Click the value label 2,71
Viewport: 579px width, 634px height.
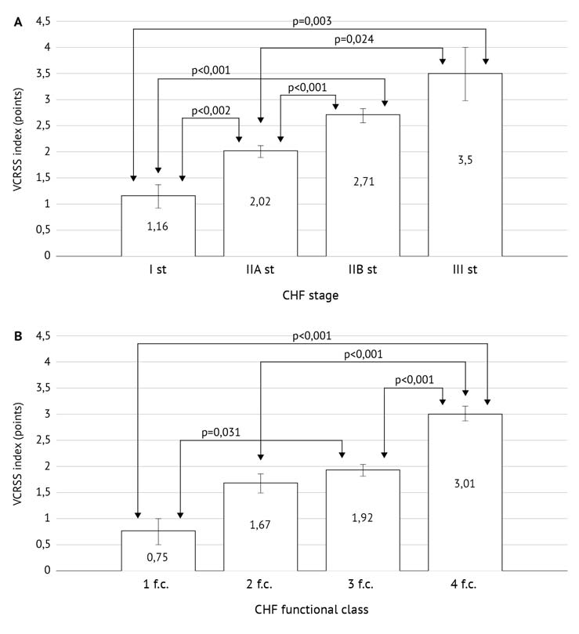click(x=363, y=201)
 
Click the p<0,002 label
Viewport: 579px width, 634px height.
click(x=211, y=110)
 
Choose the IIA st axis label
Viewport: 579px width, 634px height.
click(x=260, y=271)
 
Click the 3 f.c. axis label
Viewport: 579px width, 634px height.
click(x=363, y=585)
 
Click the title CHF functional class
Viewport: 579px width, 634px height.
click(x=310, y=610)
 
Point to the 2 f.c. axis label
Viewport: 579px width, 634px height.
click(x=260, y=585)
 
